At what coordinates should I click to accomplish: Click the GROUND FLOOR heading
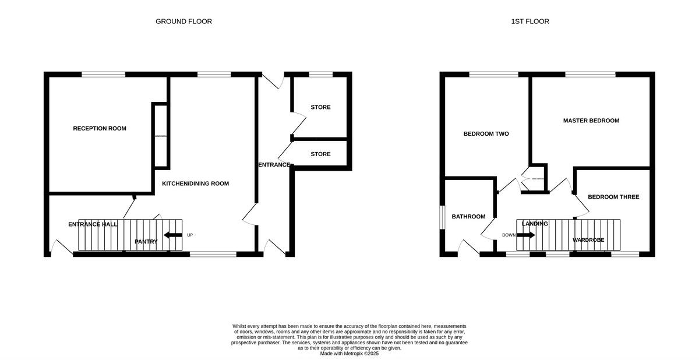tap(183, 22)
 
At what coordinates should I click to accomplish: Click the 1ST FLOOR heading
tap(529, 22)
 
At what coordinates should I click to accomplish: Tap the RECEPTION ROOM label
tap(99, 129)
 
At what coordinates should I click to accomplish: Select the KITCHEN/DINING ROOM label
tap(195, 183)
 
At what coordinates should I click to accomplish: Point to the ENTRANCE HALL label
tap(93, 224)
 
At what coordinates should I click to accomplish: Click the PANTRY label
tap(146, 242)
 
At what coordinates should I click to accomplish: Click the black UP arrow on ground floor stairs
tap(173, 235)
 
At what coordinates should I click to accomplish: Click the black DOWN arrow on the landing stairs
tap(525, 235)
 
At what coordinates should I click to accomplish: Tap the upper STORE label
tap(320, 107)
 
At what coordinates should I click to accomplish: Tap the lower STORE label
tap(320, 154)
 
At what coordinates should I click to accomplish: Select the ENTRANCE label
tap(274, 165)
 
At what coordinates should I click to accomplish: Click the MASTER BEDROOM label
tap(591, 121)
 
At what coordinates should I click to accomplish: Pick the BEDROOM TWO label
tap(486, 134)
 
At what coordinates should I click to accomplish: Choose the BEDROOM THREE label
tap(613, 197)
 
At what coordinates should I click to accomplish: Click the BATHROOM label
tap(468, 217)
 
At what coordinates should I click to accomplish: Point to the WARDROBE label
tap(588, 240)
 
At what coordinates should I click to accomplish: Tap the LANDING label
tap(534, 224)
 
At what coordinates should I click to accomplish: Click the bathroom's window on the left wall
tap(442, 222)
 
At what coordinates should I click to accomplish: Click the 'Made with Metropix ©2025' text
tap(349, 353)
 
